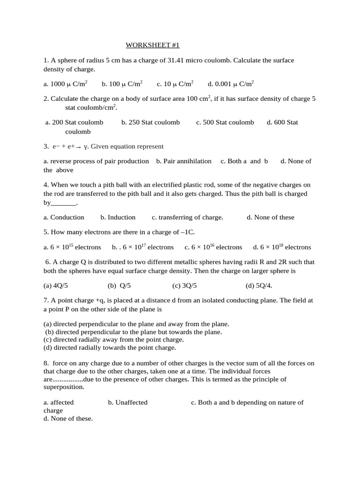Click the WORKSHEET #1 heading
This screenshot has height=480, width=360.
tap(152, 45)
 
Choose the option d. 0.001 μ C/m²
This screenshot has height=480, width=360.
tap(231, 84)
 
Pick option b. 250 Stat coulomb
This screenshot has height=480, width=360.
tap(150, 122)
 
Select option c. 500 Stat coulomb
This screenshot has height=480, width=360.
tap(225, 122)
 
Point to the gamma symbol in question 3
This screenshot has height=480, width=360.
tap(85, 147)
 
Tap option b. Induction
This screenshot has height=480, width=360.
tap(118, 217)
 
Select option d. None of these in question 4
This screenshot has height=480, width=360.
tap(270, 217)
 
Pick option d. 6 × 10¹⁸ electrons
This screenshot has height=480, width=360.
tap(282, 247)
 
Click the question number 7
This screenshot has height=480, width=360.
tap(46, 300)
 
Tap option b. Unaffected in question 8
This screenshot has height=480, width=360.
tap(127, 402)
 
